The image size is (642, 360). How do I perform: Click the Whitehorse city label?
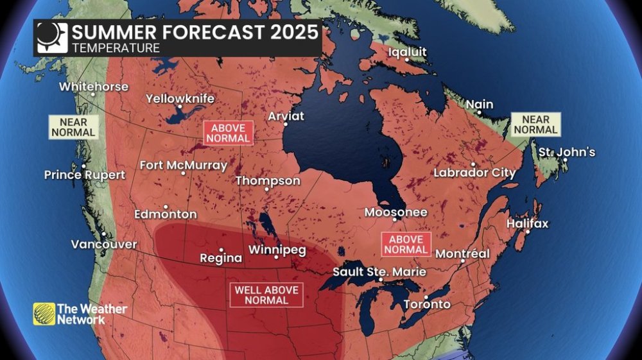[94, 87]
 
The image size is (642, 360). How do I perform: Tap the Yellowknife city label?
[180, 99]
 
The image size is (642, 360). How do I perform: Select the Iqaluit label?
[408, 52]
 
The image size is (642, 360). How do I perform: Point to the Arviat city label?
[286, 116]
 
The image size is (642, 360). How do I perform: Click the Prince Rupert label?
[81, 175]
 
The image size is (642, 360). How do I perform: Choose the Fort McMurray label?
[184, 166]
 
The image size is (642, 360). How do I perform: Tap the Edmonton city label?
[166, 214]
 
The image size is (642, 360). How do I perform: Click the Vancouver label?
[103, 244]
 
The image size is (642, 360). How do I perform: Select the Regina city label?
[221, 258]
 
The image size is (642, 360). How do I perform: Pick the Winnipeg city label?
[277, 250]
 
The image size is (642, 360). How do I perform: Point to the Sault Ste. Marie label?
[379, 272]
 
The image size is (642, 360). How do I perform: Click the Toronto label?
[427, 304]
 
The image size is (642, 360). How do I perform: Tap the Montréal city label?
[462, 254]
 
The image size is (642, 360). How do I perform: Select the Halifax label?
[528, 224]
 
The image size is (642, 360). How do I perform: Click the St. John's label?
[567, 153]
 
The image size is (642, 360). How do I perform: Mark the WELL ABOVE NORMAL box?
[266, 295]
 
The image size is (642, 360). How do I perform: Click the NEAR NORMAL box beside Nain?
[535, 124]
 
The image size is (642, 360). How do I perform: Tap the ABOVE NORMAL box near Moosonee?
[406, 244]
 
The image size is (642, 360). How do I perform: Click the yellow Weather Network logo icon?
[44, 314]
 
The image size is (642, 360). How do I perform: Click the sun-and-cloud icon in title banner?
[51, 37]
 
